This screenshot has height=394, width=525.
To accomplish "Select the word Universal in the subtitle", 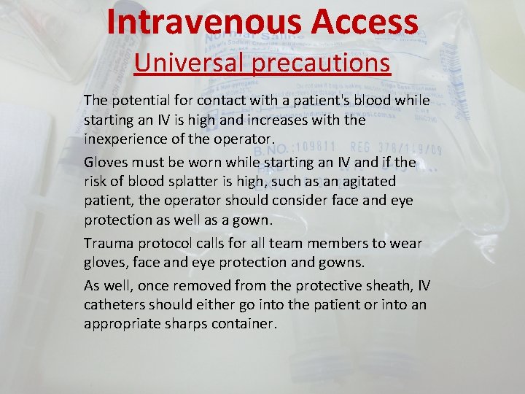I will [189, 63].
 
